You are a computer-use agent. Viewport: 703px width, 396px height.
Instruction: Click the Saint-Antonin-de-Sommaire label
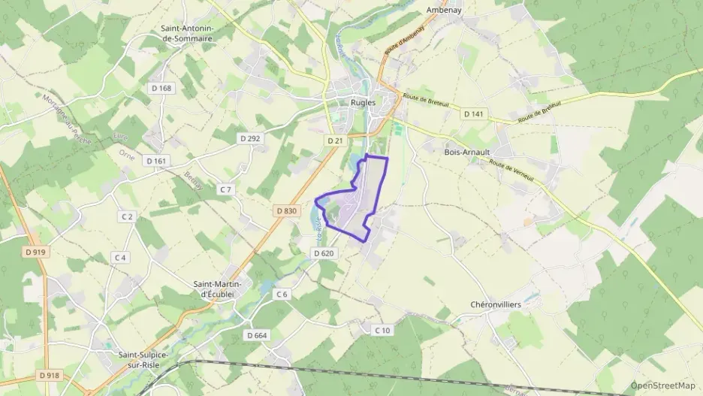(x=188, y=33)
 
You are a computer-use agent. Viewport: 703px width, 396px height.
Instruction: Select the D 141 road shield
(x=475, y=113)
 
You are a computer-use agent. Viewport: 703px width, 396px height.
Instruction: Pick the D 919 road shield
(x=36, y=252)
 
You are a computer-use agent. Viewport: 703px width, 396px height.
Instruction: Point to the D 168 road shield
(x=161, y=88)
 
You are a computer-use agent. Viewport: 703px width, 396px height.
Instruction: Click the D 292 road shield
(x=249, y=138)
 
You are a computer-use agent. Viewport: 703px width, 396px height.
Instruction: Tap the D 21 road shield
(x=335, y=141)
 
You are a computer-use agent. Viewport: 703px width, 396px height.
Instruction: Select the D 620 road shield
(x=322, y=253)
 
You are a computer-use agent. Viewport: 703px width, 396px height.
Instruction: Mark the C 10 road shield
(x=382, y=331)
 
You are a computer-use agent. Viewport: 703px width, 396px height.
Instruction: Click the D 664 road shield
(x=256, y=335)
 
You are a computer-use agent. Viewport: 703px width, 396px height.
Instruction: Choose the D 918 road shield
(x=47, y=375)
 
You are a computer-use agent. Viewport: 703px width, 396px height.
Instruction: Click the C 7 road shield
(x=225, y=189)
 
